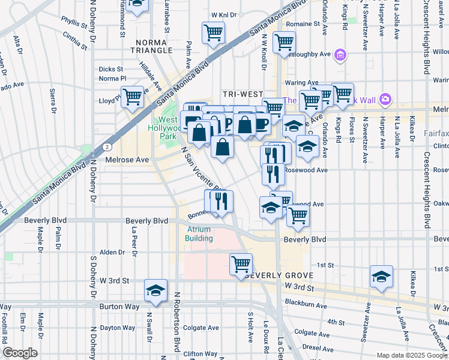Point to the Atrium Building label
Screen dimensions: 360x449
(199, 234)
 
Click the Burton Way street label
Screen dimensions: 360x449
(120, 307)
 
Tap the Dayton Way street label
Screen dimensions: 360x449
(118, 328)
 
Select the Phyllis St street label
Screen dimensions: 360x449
(74, 21)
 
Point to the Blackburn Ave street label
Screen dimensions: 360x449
(307, 305)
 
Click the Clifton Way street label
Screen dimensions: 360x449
(200, 354)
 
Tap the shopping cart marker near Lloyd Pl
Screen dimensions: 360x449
(132, 96)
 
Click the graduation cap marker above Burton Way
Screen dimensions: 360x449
(155, 290)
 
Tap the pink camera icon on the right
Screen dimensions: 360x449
(385, 98)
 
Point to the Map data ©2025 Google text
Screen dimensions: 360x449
(411, 355)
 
